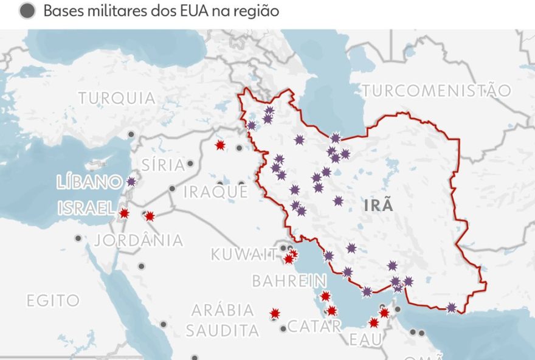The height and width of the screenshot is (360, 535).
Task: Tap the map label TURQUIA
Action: click(117, 98)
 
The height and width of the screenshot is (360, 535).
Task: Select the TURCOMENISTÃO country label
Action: click(437, 91)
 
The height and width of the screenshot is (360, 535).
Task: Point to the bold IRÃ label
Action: click(378, 206)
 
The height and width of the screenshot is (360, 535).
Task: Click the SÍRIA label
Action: click(162, 165)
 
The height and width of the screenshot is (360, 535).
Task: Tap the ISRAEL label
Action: click(86, 209)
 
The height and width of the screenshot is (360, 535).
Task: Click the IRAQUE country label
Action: click(216, 192)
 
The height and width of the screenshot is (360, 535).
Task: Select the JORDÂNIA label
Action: click(139, 240)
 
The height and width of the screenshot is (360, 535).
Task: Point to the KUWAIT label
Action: click(244, 254)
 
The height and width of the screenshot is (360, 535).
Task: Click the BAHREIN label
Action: click(289, 281)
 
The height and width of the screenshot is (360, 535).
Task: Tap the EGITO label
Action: click(53, 300)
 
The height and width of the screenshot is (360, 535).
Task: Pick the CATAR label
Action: click(314, 326)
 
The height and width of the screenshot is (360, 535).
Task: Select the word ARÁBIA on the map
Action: click(223, 310)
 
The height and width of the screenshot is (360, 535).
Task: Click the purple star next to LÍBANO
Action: click(131, 181)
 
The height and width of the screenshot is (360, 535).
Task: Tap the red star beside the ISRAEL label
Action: click(124, 213)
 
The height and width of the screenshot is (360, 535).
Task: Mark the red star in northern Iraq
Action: click(220, 145)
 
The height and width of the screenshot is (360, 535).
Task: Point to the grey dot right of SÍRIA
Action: click(190, 164)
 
